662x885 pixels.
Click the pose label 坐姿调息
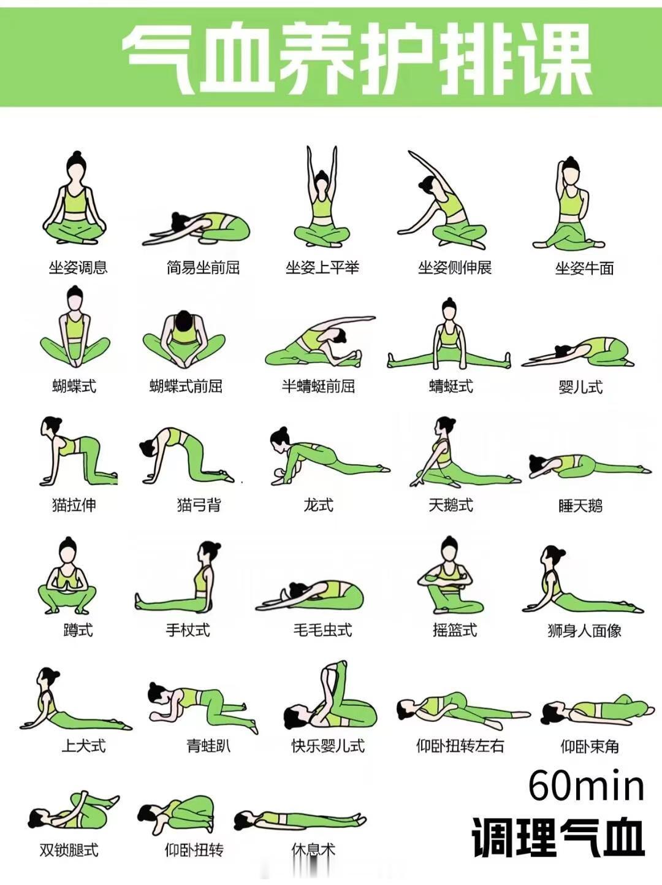[78, 267]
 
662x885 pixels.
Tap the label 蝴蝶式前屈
[186, 386]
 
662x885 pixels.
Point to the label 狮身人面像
[584, 630]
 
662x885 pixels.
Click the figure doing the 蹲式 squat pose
[67, 575]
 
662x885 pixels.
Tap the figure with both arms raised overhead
[322, 197]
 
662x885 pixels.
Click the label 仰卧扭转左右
[460, 746]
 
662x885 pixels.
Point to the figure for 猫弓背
[187, 455]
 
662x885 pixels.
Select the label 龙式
[318, 505]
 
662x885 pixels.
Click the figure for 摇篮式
[450, 575]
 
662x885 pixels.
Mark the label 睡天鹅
[580, 505]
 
